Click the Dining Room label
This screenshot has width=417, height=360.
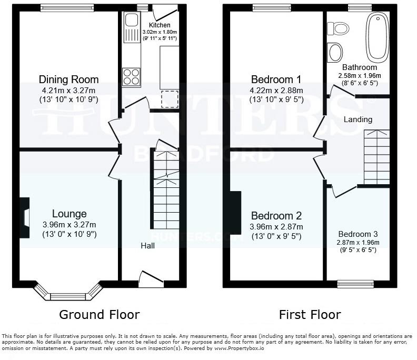click(69, 79)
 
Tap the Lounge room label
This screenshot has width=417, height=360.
click(69, 214)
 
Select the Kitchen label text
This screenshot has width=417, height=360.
click(160, 25)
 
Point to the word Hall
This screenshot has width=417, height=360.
click(147, 246)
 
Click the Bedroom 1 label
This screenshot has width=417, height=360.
click(276, 79)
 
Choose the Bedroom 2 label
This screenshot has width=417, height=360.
click(276, 216)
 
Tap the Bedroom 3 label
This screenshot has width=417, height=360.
click(358, 234)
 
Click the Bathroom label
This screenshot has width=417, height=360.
click(360, 67)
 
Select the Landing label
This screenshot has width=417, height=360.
click(358, 119)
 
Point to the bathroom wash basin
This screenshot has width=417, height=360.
click(335, 52)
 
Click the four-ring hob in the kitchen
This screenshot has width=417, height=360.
click(131, 77)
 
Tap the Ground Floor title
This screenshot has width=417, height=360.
click(99, 315)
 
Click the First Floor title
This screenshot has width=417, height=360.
click(310, 315)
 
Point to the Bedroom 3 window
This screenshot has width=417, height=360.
click(356, 284)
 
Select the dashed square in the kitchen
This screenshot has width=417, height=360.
click(170, 98)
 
